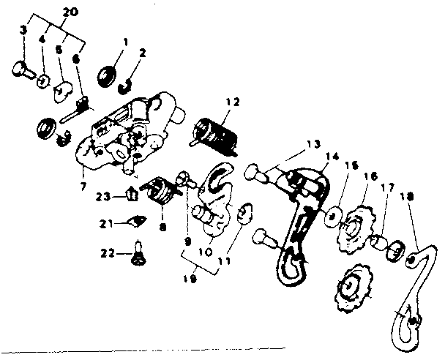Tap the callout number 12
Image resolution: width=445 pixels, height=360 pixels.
233,102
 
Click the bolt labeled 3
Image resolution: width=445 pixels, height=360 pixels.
23,68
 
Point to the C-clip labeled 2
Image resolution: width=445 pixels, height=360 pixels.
127,83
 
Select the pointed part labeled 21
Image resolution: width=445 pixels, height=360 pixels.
135,222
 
